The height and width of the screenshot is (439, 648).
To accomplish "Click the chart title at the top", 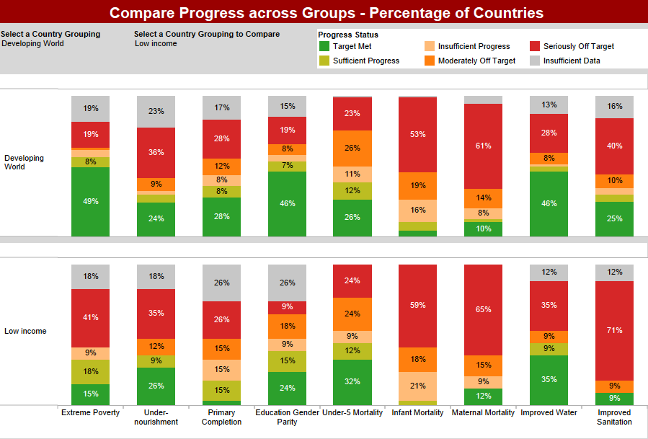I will (326, 13).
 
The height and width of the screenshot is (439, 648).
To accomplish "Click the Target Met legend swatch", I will (324, 46).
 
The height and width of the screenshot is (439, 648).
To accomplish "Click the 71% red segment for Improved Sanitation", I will (614, 330).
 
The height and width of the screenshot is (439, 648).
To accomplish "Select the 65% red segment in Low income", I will (483, 309).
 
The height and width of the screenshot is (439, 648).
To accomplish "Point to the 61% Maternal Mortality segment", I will (483, 146).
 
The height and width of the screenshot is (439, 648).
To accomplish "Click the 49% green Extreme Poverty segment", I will (91, 201).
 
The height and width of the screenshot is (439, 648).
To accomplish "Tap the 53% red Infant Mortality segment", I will (417, 134).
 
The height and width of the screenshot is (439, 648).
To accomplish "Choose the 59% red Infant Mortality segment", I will (417, 306).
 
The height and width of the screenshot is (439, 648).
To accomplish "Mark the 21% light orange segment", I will (417, 386).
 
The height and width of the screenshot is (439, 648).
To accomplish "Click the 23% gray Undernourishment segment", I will (156, 111).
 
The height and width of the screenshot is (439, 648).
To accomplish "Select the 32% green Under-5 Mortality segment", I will (352, 381).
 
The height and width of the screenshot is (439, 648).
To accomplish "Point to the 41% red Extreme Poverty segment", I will (91, 318).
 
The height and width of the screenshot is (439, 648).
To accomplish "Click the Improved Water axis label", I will (548, 413).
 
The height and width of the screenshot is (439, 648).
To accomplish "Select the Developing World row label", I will (24, 162).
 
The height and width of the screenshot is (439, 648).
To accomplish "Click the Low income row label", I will (25, 331).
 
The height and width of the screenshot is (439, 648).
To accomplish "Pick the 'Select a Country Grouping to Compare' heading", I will (207, 34).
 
